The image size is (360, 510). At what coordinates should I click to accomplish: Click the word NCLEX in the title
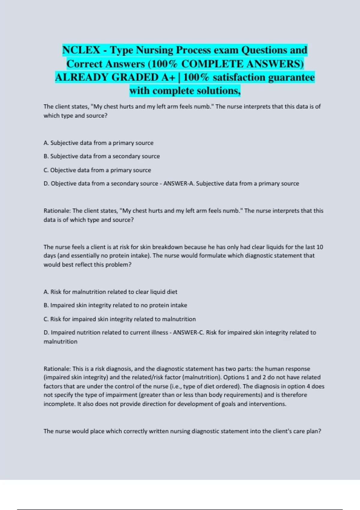(81, 50)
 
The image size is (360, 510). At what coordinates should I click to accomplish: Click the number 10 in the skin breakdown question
(319, 247)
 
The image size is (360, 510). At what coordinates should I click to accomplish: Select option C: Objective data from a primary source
(97, 170)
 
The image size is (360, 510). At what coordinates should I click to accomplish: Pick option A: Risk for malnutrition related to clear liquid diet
(110, 292)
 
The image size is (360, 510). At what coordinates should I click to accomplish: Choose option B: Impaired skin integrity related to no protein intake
(115, 305)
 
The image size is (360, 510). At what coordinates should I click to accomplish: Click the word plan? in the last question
(313, 431)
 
